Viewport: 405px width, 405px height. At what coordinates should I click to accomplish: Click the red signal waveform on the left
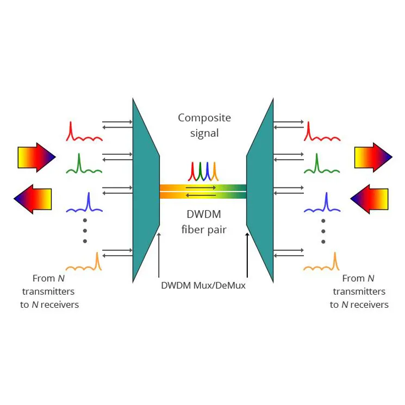click(84, 134)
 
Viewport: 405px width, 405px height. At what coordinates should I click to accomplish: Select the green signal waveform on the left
click(84, 166)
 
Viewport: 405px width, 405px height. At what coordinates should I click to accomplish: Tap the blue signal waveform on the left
click(84, 204)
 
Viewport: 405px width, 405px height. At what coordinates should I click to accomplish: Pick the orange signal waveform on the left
click(84, 263)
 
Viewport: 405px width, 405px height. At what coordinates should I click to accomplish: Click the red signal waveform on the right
click(322, 134)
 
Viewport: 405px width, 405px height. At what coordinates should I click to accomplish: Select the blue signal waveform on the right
click(322, 204)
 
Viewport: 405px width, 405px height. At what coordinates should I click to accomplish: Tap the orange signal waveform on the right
click(322, 263)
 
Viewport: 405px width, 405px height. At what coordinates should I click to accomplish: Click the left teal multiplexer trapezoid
click(145, 190)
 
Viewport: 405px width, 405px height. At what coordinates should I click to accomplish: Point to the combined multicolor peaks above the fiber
click(203, 171)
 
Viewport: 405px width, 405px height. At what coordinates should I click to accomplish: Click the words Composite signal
click(204, 125)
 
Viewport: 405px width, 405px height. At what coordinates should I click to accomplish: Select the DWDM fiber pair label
click(203, 223)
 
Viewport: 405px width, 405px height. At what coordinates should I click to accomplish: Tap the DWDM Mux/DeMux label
click(203, 285)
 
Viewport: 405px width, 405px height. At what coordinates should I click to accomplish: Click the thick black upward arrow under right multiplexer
click(247, 255)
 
